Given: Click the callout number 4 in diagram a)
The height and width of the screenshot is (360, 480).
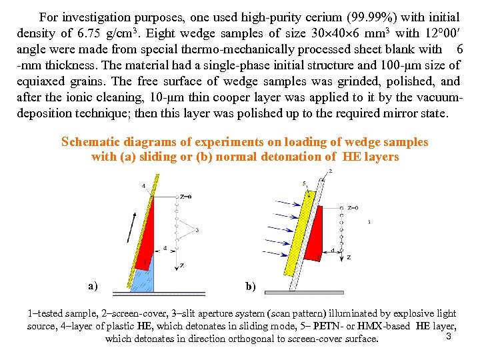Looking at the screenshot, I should [x=145, y=185].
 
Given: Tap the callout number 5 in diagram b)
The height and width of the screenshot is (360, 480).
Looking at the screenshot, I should [x=304, y=183].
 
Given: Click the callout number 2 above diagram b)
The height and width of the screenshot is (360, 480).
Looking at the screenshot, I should [x=330, y=172].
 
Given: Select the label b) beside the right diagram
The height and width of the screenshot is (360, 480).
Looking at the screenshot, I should [x=250, y=287].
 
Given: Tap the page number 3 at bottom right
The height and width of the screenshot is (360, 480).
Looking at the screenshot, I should [x=449, y=335].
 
